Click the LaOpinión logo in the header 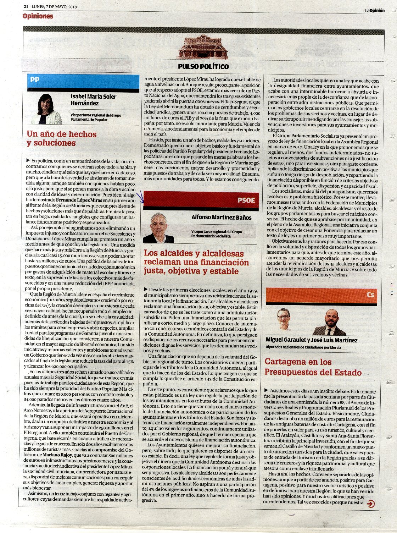[x=375, y=10]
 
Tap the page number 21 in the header [x=26, y=6]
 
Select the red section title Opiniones [x=38, y=16]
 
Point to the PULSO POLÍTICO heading [x=203, y=66]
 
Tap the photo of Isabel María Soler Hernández [x=46, y=109]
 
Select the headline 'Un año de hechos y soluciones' [x=62, y=138]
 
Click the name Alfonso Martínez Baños [x=221, y=217]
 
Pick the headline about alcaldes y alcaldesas [x=196, y=262]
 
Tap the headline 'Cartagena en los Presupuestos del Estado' [x=313, y=367]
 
